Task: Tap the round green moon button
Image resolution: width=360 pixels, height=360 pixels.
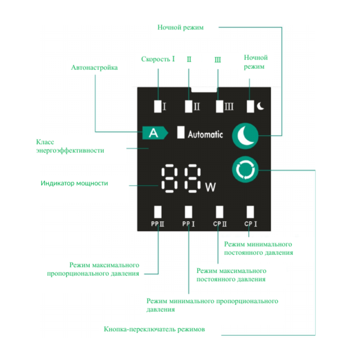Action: [245, 136]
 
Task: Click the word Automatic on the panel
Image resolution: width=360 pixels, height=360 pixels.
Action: [205, 134]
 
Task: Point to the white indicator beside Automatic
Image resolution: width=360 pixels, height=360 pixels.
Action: [181, 133]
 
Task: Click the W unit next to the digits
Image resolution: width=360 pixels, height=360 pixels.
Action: [210, 187]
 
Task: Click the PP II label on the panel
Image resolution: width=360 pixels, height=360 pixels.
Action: [158, 224]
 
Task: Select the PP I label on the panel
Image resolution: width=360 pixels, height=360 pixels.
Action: [188, 224]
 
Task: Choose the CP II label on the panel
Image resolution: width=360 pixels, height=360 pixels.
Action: [220, 224]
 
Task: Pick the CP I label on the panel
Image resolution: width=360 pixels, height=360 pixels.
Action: [250, 224]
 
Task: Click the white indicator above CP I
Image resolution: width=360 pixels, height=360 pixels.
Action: [250, 211]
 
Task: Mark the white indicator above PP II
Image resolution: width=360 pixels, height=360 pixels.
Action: [158, 211]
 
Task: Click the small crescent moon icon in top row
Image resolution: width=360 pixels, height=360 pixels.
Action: [260, 106]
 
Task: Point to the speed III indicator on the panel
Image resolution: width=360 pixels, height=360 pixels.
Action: [220, 106]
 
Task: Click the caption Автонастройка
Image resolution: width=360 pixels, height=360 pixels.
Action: [94, 68]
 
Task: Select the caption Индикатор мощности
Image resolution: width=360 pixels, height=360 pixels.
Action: [74, 183]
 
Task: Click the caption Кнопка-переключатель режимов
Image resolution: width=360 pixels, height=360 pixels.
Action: [154, 329]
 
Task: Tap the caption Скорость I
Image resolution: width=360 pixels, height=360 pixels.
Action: [158, 58]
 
